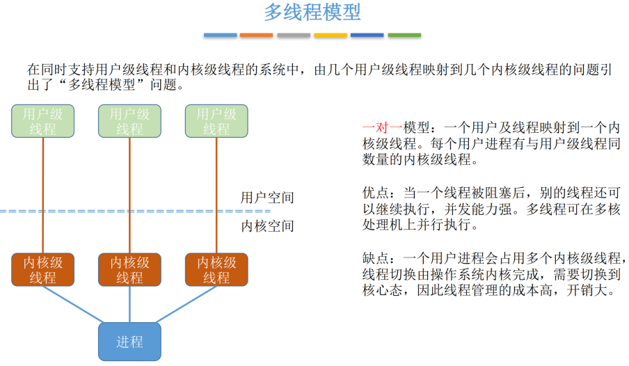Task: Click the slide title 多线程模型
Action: click(312, 13)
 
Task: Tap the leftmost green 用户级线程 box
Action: click(43, 120)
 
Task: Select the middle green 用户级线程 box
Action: click(129, 120)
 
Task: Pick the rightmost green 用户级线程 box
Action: click(216, 120)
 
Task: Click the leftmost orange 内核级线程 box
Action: click(43, 270)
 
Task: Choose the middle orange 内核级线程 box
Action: click(129, 270)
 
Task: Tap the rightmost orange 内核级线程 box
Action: click(216, 270)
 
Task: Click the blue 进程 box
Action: click(129, 342)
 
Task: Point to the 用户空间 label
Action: click(267, 198)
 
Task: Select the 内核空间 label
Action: click(267, 226)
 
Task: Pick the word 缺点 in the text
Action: click(376, 258)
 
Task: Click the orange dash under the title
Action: click(256, 35)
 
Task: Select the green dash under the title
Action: click(404, 35)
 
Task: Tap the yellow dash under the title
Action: click(331, 35)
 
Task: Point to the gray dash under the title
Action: click(294, 35)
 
